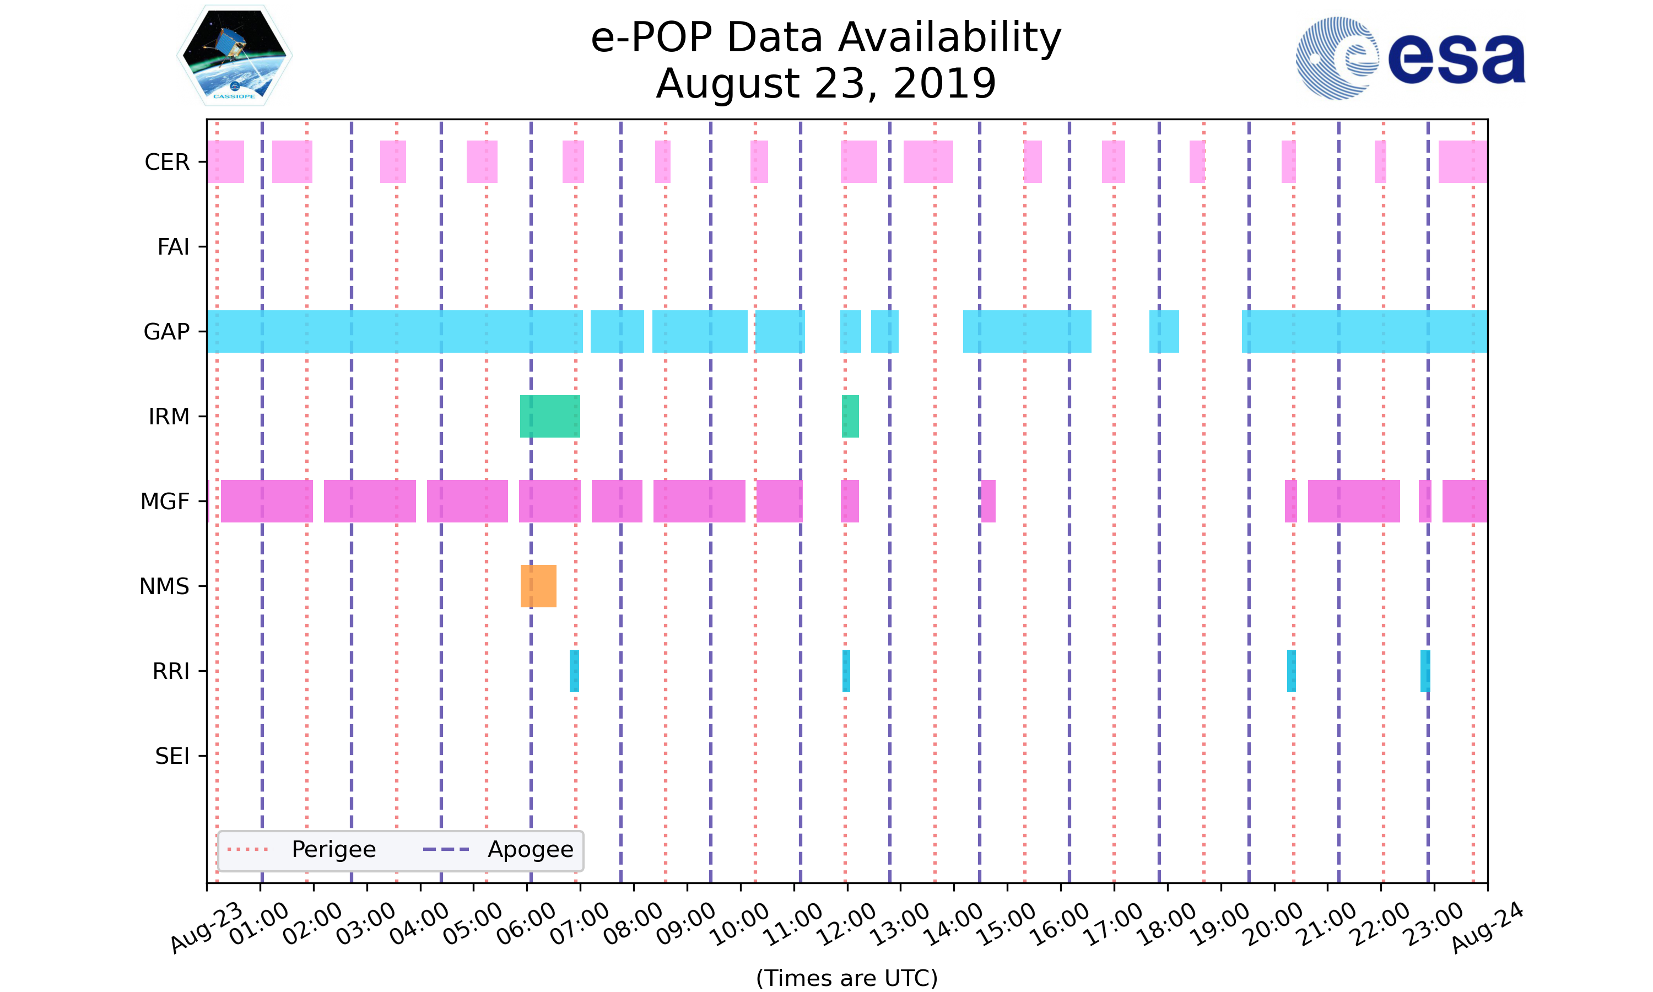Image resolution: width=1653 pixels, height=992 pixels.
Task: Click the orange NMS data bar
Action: click(538, 586)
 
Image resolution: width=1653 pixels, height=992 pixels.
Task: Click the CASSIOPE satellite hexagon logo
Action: click(235, 56)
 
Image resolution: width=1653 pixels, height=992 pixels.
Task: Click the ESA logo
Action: click(1410, 58)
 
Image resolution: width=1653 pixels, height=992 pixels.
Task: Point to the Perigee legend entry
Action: click(302, 850)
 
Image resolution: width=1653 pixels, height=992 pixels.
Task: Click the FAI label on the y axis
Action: click(173, 247)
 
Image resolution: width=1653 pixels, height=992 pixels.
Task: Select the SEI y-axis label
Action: click(172, 756)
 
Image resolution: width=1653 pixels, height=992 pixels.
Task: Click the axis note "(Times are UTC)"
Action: click(846, 978)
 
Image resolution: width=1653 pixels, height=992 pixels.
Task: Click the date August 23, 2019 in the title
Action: click(826, 84)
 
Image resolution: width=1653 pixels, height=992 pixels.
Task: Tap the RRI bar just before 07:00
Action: click(574, 671)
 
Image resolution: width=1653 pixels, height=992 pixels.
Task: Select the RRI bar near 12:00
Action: click(846, 671)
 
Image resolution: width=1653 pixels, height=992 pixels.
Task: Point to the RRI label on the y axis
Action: click(171, 671)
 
